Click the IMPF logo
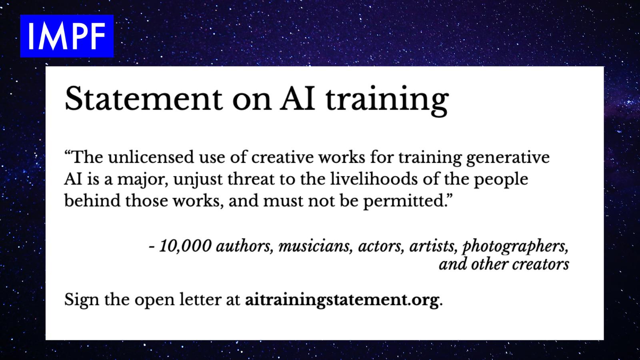point(67,36)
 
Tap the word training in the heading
point(387,100)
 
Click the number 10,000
point(185,246)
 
